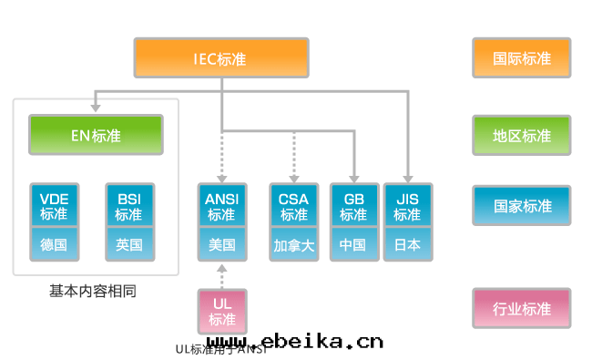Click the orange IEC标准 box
pos(220,58)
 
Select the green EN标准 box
pos(96,136)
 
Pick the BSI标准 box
pos(128,206)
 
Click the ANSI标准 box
pos(221,206)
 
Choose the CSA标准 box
pos(293,206)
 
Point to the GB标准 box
pos(353,206)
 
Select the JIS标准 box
pos(407,206)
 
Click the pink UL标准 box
pos(222,311)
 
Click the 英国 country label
pos(128,244)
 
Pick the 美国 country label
pos(221,244)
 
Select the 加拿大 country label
pos(293,244)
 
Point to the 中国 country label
pos(353,244)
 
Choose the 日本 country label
pos(407,244)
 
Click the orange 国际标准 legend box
pos(522,58)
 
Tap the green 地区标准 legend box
pos(522,136)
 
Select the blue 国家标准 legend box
pos(522,206)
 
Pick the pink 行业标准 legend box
pos(522,309)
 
